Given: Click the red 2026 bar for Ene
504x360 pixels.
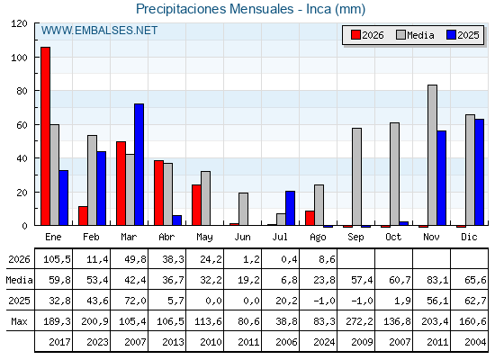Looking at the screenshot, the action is [x=45, y=136].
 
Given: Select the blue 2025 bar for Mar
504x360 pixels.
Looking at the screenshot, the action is [x=139, y=164].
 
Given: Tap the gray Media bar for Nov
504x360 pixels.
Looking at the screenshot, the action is [x=432, y=155].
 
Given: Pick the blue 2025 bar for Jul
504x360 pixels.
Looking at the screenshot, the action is [x=290, y=208].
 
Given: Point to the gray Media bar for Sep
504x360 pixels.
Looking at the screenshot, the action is [x=356, y=176].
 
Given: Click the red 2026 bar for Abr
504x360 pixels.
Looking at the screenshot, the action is [x=158, y=193].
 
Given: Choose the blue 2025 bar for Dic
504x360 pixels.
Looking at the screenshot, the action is [x=479, y=172].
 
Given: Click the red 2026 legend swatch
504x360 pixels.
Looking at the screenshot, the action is [x=355, y=35].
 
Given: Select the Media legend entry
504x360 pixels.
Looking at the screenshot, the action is [x=415, y=35].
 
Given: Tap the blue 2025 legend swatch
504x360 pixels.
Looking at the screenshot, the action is [x=451, y=35].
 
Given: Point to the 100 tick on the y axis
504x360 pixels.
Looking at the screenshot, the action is [x=19, y=58].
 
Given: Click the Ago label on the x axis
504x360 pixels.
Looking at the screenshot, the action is [x=318, y=238].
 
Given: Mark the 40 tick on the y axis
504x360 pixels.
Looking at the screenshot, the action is [x=22, y=158].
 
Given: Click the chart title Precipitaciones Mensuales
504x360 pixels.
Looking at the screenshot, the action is [x=215, y=9].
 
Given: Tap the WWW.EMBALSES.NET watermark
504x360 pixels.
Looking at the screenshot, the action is [x=99, y=31].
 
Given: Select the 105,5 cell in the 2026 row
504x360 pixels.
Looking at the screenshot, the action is [x=57, y=259].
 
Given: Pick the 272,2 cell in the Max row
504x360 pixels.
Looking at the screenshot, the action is [x=359, y=321].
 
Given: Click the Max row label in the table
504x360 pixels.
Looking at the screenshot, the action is [x=19, y=321].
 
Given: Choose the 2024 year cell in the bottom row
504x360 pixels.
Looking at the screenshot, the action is [x=324, y=342].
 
